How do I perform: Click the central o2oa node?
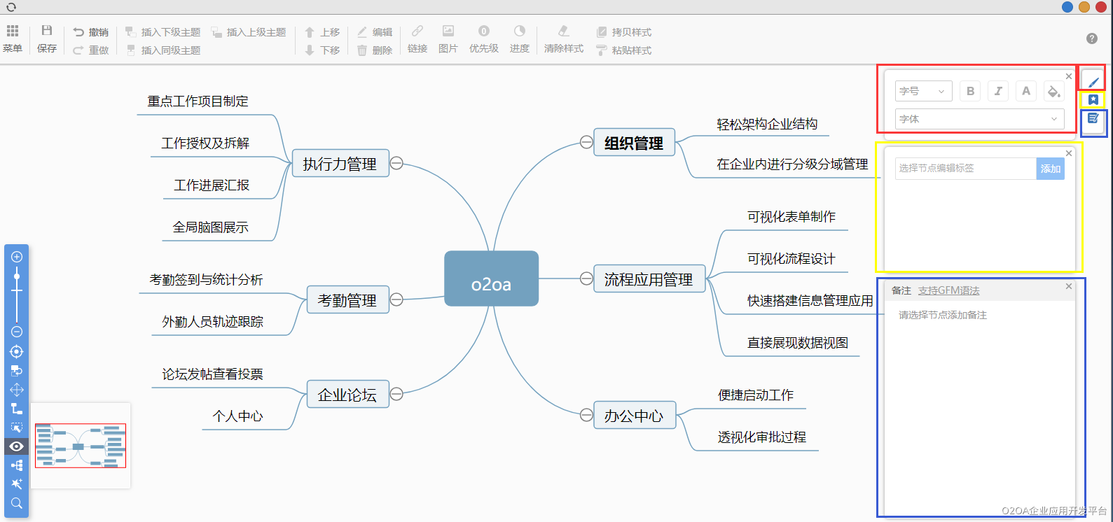pos(491,278)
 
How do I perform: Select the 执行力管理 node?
pos(340,164)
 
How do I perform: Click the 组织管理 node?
pos(634,143)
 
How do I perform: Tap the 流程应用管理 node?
pos(649,279)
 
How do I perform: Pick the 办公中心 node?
pos(634,416)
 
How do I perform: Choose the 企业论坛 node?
pos(347,395)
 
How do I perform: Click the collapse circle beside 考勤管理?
pos(396,299)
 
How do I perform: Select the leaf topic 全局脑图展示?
pos(211,227)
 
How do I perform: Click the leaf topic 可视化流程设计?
pos(791,259)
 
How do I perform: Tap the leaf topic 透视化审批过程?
pos(761,437)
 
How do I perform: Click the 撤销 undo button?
pos(91,32)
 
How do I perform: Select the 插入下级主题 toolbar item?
pos(163,32)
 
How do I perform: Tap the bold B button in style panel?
pos(970,91)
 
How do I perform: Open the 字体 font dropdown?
pos(979,119)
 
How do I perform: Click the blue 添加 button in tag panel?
pos(1050,169)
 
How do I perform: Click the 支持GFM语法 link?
pos(948,290)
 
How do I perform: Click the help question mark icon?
pos(1091,38)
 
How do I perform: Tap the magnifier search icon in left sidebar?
pos(17,503)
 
